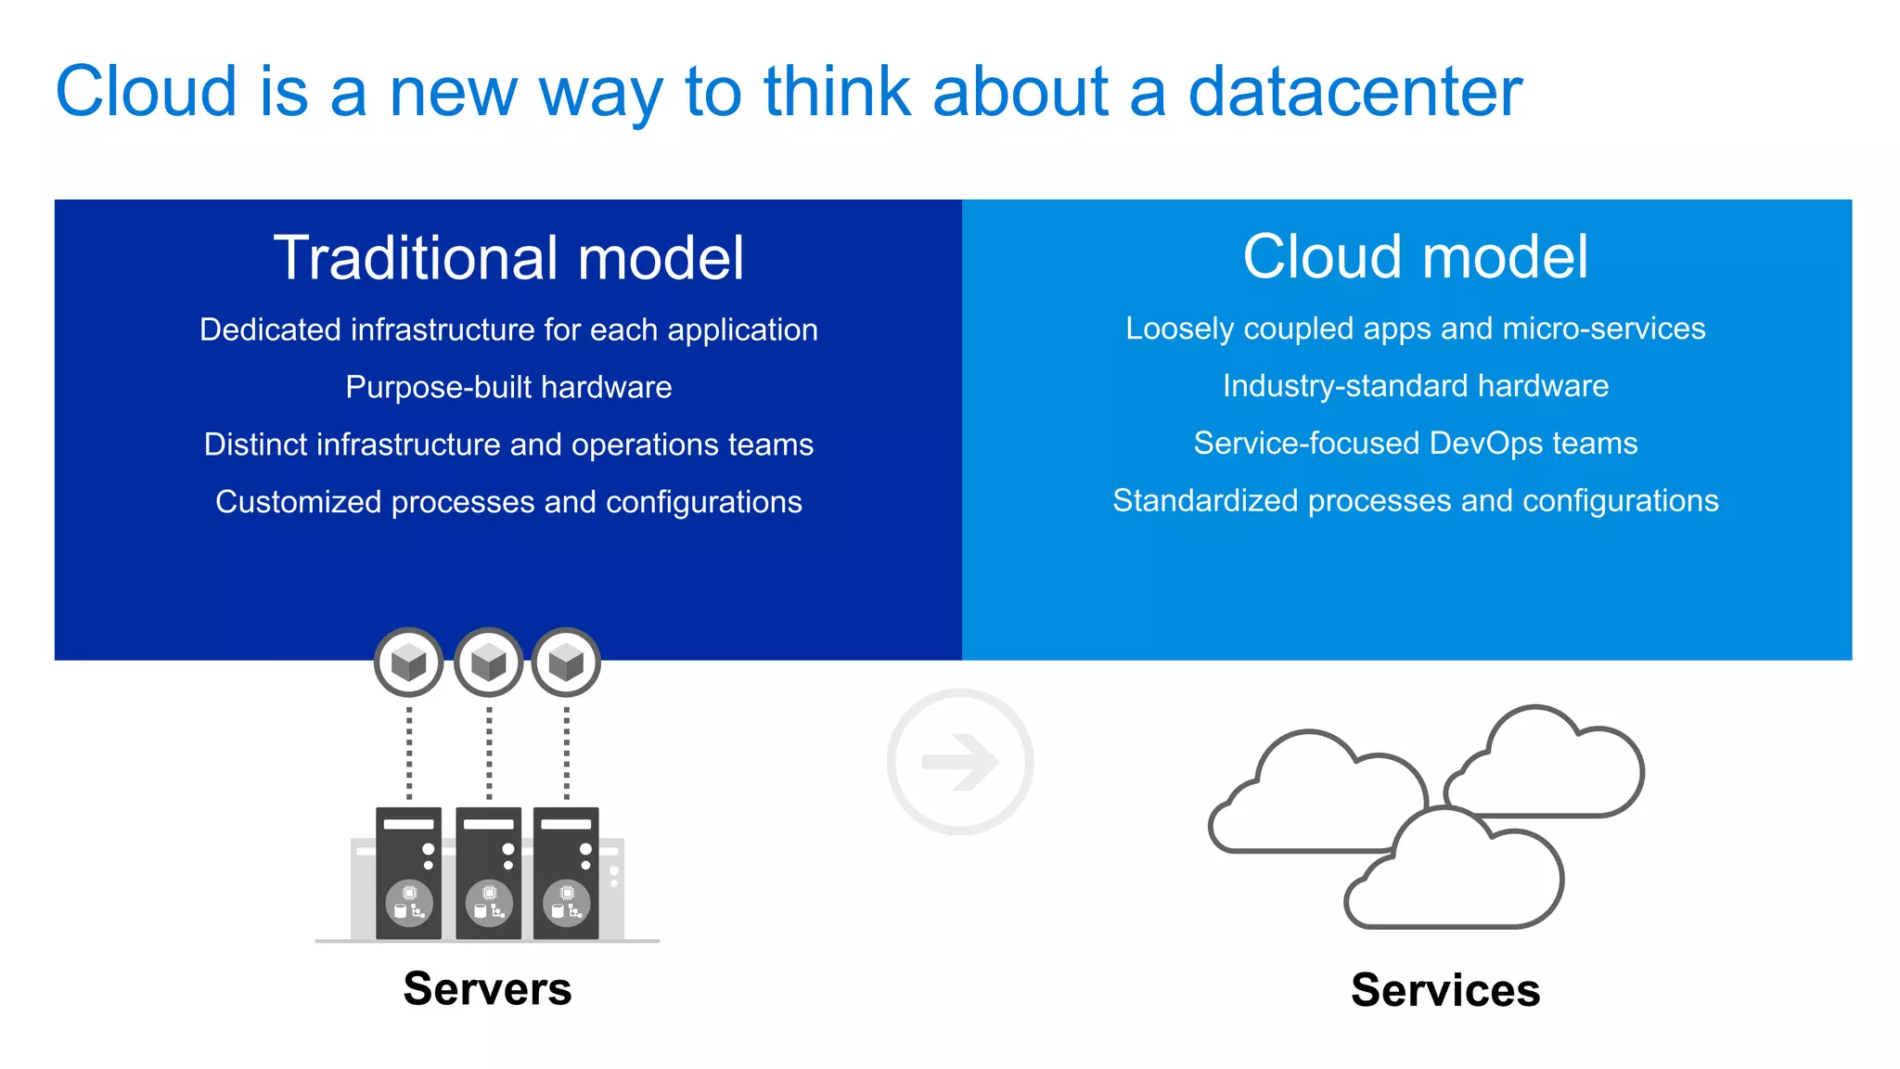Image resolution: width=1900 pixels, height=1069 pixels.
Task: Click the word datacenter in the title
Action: click(x=1354, y=92)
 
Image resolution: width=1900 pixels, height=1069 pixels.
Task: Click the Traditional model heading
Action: click(x=508, y=258)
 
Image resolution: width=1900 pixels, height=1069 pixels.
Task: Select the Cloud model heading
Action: click(x=1415, y=257)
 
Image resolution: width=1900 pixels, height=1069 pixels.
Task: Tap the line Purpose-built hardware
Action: click(x=508, y=387)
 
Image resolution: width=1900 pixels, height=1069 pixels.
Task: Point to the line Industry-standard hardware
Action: click(x=1415, y=386)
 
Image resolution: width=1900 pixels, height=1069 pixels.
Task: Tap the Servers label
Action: click(x=487, y=988)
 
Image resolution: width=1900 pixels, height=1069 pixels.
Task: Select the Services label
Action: click(x=1444, y=990)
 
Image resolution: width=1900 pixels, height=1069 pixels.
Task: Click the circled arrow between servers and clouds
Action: click(x=960, y=762)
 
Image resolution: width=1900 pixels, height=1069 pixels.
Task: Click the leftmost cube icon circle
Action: click(x=409, y=663)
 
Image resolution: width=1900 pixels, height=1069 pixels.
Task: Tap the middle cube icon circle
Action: click(x=489, y=663)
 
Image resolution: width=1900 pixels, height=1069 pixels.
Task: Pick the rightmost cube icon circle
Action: click(x=566, y=663)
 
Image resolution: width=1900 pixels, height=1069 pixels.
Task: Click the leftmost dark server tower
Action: click(x=408, y=872)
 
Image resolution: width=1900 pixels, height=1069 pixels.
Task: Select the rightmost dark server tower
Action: click(x=566, y=872)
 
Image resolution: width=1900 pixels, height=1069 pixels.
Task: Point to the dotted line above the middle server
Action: click(x=489, y=752)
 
